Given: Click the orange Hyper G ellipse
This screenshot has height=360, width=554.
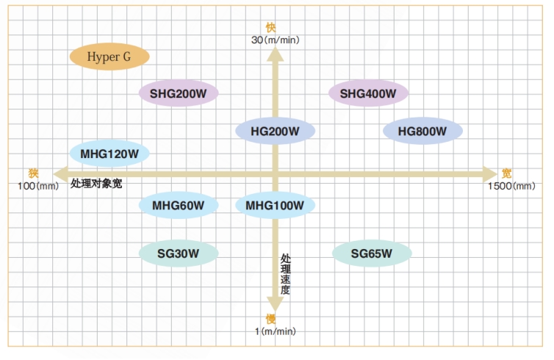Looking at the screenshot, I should tap(109, 57).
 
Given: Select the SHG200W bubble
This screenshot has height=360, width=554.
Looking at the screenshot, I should tap(179, 93).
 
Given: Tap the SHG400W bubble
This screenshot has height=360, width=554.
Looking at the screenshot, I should tap(368, 93).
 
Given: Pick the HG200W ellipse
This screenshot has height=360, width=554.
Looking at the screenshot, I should tap(276, 131).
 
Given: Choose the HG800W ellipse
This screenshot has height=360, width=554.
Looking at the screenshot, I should tap(422, 131).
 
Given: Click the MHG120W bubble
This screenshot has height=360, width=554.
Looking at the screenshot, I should tap(109, 154).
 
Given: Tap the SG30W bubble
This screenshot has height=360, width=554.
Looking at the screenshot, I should tap(179, 253).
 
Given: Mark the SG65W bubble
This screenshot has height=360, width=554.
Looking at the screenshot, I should tap(372, 253).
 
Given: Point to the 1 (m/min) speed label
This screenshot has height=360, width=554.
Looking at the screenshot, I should tap(275, 331).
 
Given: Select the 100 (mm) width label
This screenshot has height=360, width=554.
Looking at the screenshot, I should tap(37, 186).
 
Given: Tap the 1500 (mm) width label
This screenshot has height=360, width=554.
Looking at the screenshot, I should tap(511, 186).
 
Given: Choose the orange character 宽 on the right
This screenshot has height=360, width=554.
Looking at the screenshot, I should tap(507, 173).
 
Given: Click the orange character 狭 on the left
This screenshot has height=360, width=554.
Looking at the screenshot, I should tap(33, 173).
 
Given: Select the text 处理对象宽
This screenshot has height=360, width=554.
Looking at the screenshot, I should tap(96, 184).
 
